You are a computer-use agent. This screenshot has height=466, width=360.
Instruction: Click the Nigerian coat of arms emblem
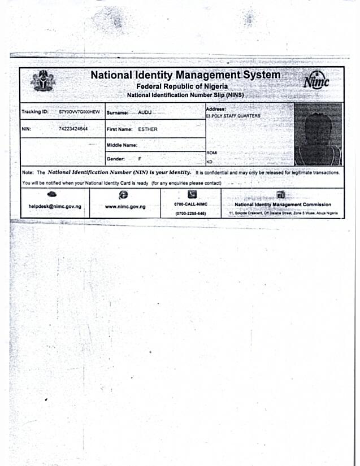point(40,81)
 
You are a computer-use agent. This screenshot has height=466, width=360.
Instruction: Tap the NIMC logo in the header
point(315,82)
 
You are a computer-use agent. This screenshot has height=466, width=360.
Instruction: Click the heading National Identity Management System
point(185,75)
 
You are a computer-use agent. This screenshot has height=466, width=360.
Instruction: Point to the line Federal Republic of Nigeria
point(185,86)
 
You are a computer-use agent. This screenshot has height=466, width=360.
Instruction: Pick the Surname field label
point(118,113)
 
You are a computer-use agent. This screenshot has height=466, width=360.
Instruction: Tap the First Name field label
point(120,129)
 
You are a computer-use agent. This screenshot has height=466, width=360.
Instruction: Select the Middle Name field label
point(122,145)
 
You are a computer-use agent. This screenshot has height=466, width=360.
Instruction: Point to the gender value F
point(140,159)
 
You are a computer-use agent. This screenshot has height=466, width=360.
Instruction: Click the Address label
point(216,108)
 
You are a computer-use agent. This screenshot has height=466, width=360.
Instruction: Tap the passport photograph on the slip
point(318,134)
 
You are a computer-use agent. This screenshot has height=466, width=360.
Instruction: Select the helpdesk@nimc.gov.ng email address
point(55,207)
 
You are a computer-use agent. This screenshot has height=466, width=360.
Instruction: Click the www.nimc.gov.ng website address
point(125,207)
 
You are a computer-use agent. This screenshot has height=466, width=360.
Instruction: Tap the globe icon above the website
point(124,194)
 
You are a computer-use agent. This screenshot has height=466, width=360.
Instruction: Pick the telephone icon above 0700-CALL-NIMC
point(192,194)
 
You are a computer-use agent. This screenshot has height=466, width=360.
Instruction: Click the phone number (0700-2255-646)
point(190,214)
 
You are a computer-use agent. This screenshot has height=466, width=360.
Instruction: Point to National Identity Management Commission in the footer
point(283,204)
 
